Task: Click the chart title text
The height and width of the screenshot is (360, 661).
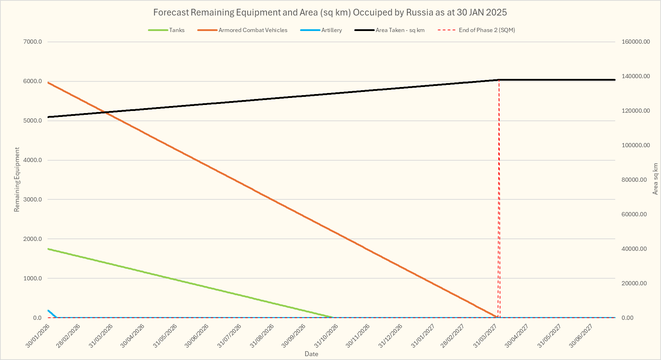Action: [330, 13]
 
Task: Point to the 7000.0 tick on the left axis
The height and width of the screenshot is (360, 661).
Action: [32, 42]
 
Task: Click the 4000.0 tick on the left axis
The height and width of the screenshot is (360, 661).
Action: [32, 160]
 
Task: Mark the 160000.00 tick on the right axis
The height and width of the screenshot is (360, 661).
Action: [636, 42]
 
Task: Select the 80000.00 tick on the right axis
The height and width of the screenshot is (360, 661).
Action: [634, 180]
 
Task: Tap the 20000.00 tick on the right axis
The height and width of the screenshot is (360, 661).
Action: [634, 283]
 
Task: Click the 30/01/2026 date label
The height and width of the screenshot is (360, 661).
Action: [38, 336]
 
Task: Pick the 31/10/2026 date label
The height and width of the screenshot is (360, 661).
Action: [326, 336]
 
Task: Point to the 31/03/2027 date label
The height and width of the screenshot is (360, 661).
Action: [485, 336]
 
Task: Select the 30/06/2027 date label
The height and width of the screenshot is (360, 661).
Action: [581, 336]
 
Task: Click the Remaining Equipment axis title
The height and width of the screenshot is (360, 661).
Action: [17, 180]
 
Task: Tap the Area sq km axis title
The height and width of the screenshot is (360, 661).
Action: [655, 179]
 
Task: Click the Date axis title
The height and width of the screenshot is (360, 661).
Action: [311, 354]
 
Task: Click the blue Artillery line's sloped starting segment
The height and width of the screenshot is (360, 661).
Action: [52, 314]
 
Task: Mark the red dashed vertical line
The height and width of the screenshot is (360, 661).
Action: [499, 197]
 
